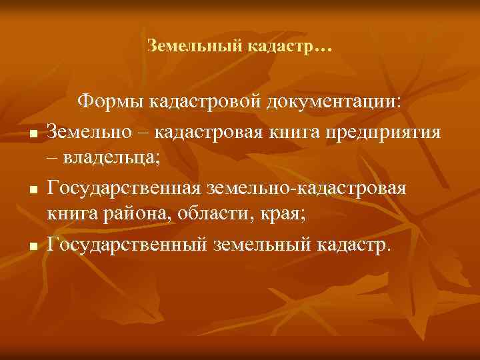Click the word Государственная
[129, 187]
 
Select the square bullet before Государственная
[32, 190]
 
